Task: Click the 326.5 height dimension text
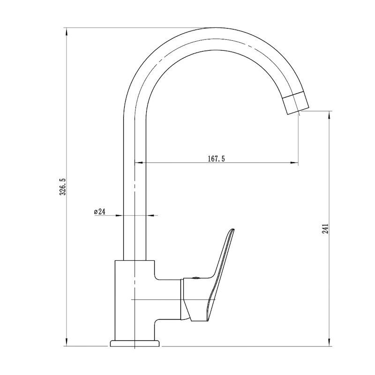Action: coord(62,187)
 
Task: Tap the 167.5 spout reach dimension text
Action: coord(216,158)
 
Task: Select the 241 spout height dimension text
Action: coord(325,229)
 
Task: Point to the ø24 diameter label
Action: coord(99,211)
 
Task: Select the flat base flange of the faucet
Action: coord(135,344)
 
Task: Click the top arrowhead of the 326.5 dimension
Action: coord(67,31)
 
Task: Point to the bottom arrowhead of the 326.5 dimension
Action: coord(67,342)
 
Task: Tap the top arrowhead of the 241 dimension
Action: coord(330,115)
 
